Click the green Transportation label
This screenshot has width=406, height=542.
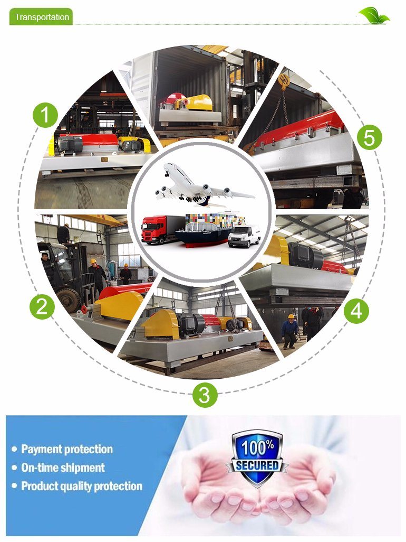pos(41,16)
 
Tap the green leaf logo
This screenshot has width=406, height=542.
pos(374,15)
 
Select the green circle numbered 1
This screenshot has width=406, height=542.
pos(45,115)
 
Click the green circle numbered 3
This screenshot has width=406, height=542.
pos(205,395)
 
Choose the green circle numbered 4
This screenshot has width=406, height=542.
pos(356,311)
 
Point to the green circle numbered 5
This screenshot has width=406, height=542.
pos(369,137)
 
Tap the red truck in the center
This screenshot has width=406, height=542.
pos(161,229)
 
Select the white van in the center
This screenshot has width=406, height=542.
pos(244,236)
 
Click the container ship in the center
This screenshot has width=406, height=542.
pos(209,230)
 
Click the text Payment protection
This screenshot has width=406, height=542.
pos(67,449)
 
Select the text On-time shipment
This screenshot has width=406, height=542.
pos(63,468)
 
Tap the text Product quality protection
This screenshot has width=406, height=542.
pos(82,486)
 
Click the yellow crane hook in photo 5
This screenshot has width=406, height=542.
pos(284,81)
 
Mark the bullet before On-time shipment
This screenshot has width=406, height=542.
pos(14,468)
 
